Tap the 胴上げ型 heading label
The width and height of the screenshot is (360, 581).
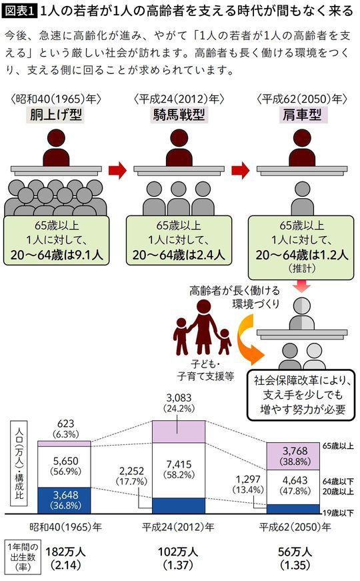tap(55, 115)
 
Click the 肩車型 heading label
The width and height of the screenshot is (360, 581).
tap(303, 115)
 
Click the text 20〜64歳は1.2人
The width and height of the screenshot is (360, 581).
tap(303, 254)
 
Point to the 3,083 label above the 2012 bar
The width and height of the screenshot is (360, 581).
tap(175, 398)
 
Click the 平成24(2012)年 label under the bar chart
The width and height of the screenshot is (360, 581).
tap(178, 526)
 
